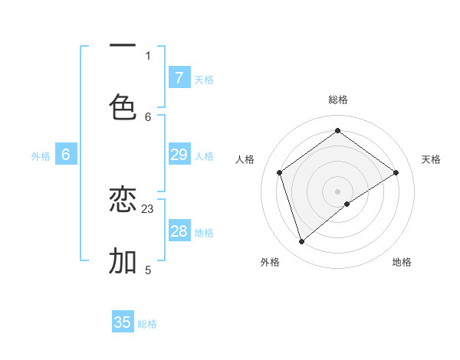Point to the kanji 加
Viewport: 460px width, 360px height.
point(123,261)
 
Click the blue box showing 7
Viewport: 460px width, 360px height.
point(179,77)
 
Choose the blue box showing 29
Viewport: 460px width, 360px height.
point(179,155)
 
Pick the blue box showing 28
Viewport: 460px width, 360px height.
point(179,231)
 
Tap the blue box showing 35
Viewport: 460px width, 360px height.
point(123,322)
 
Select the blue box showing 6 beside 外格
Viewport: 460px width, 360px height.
point(66,155)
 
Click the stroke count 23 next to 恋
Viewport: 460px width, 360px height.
point(148,208)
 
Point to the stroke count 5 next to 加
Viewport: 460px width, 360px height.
point(148,270)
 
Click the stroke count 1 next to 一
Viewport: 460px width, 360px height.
point(148,55)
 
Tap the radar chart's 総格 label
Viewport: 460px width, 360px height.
point(338,100)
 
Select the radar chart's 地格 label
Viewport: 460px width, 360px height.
point(402,262)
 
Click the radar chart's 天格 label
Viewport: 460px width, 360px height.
point(431,159)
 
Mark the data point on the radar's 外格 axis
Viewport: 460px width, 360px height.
point(301,242)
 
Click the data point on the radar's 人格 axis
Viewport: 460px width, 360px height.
point(280,172)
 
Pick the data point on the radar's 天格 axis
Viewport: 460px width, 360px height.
point(396,172)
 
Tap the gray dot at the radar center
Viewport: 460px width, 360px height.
point(338,191)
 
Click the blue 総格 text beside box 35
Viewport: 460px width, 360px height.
point(147,324)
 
